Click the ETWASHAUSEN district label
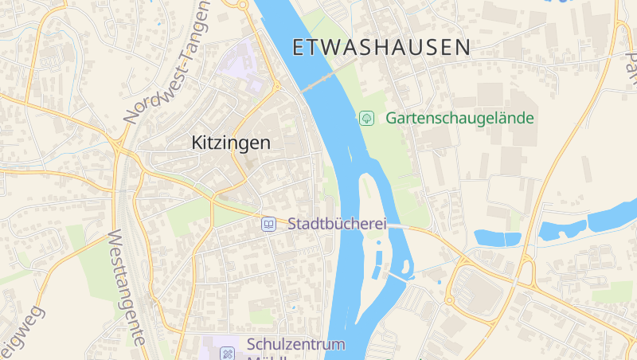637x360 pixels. click(x=381, y=47)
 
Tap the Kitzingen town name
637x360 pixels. click(x=231, y=143)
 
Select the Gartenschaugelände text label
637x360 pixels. click(x=459, y=118)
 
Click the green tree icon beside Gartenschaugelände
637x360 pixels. click(x=366, y=118)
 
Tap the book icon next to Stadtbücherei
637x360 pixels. click(x=269, y=224)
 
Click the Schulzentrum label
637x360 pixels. click(x=295, y=344)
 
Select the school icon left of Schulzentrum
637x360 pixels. click(x=228, y=351)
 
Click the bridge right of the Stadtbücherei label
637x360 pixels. click(x=398, y=226)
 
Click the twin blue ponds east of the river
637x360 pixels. click(x=498, y=237)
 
